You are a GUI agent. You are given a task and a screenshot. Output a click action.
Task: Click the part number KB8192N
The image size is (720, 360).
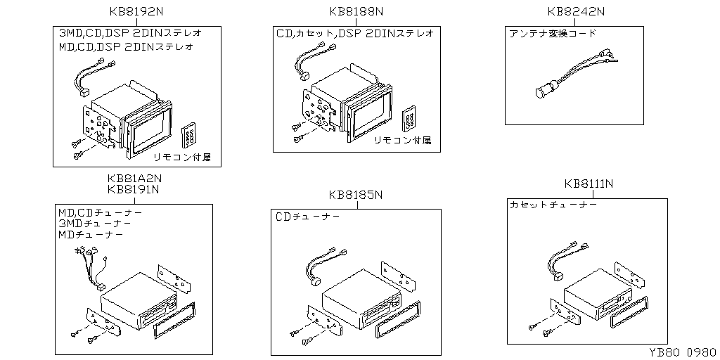[x=136, y=11]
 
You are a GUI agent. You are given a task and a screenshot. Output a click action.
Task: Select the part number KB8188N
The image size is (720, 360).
[x=356, y=11]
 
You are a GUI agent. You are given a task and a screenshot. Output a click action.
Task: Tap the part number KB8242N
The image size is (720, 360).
[x=576, y=11]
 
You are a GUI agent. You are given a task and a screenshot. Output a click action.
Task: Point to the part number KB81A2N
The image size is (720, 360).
[x=134, y=179]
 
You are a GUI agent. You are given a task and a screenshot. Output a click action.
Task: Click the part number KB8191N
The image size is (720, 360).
[x=134, y=189]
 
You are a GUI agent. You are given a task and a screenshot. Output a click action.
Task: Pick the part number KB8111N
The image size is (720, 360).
[x=589, y=184]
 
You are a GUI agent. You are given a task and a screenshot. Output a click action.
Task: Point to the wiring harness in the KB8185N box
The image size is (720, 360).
[x=321, y=266]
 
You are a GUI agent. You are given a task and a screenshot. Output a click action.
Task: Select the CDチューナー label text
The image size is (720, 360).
[x=308, y=217]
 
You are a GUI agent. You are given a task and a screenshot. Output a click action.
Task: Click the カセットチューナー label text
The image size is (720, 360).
[x=553, y=205]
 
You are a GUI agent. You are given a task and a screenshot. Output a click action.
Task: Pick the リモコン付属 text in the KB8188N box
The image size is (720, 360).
[x=402, y=141]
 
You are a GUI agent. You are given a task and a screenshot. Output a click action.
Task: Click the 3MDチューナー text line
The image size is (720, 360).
[x=95, y=223]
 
